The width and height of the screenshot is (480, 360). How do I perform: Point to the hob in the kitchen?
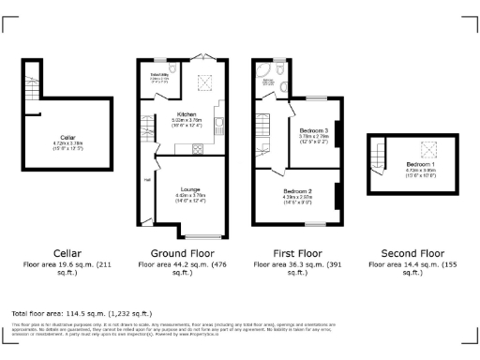point(197,149)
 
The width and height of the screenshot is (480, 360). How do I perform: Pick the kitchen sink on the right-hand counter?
point(217,118)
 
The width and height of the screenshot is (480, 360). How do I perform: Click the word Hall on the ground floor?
point(147,180)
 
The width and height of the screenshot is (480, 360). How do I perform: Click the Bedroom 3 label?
point(313,129)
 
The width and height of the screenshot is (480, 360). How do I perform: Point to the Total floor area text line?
point(70,312)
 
